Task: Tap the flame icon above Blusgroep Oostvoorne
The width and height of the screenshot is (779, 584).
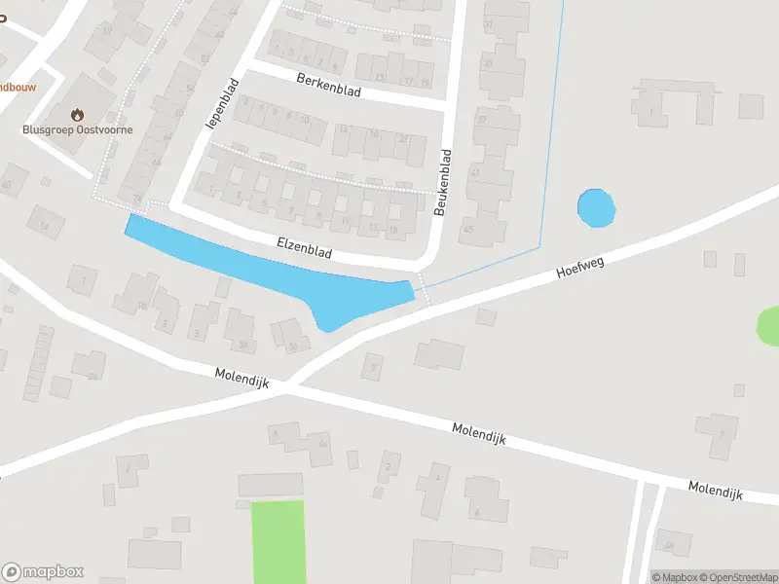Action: coord(78,114)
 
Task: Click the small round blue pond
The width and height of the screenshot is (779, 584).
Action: coord(596,208)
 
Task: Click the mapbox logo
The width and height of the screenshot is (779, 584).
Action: coord(43,572)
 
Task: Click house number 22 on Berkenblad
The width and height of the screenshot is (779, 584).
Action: coord(403,139)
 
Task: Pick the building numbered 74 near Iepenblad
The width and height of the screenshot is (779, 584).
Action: coord(137,200)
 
